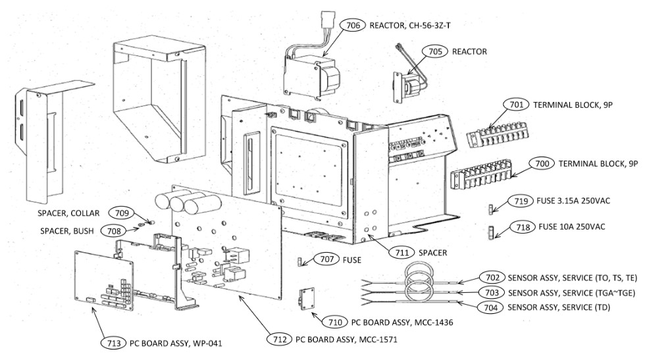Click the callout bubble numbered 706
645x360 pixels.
pos(353,25)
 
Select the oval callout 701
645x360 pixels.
pos(517,105)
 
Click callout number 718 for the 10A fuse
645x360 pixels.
pos(522,227)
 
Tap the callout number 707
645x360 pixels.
pos(325,260)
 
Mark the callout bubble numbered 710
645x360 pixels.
pos(334,322)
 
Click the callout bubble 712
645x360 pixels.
pos(279,340)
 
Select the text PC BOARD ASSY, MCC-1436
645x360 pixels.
pos(402,322)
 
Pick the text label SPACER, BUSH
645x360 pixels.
pos(65,231)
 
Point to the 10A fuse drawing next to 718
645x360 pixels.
pos(490,231)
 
